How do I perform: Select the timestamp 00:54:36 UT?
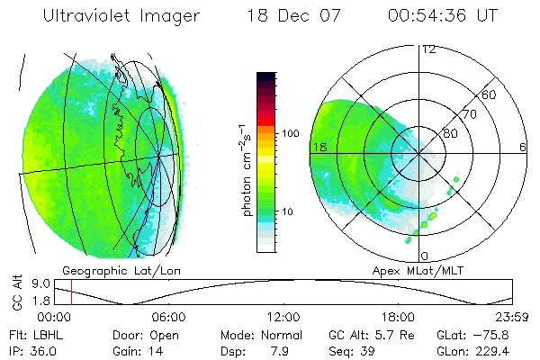tap(443, 16)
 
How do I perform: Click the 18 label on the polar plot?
tap(318, 147)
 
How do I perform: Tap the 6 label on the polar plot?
tap(523, 147)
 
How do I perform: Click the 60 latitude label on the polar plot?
tap(490, 94)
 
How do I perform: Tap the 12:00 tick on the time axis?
tap(283, 317)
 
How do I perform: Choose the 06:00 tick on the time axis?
tap(168, 317)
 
